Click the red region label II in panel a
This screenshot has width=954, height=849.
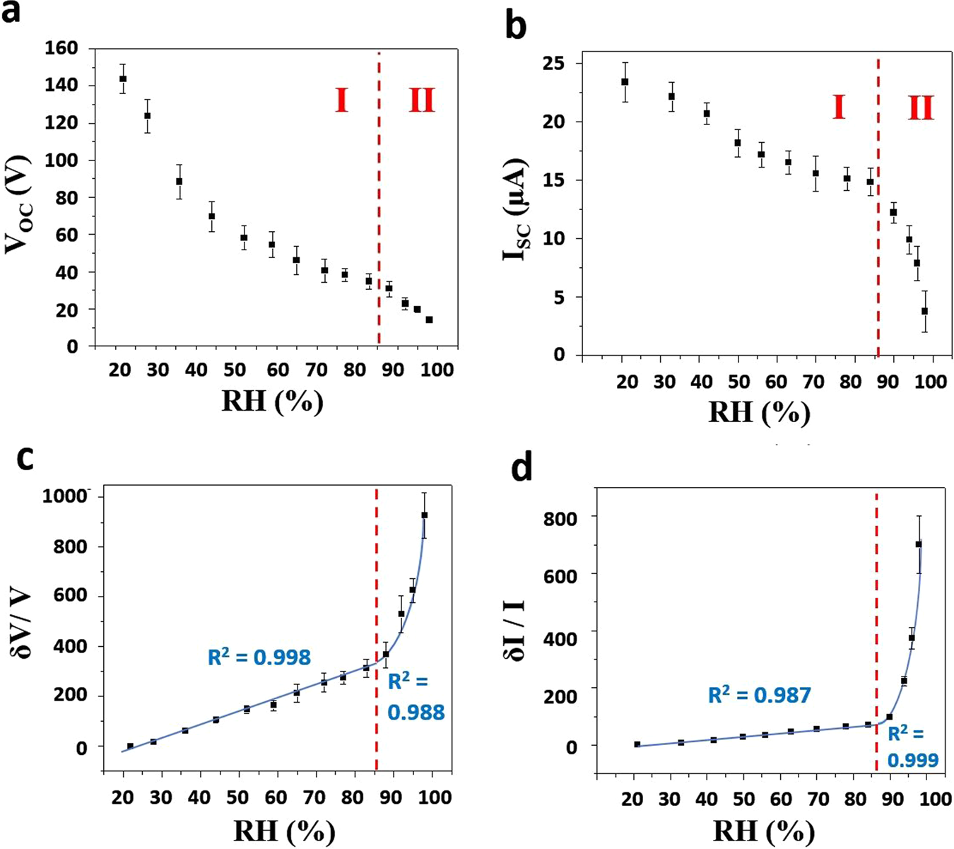422,100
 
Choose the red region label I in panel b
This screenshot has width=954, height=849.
838,107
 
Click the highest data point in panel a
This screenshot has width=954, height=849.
123,78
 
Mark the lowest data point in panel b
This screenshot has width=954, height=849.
924,311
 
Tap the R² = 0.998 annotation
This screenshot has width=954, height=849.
259,657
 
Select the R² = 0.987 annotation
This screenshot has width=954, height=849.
759,696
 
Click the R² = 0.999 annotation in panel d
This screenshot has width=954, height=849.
913,746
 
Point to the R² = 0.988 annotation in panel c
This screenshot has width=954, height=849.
416,697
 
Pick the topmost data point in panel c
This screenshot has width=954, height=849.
425,515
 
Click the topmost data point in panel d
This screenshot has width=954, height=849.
919,544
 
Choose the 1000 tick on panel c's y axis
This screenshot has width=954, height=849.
64,496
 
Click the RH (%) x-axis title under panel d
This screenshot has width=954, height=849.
764,832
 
